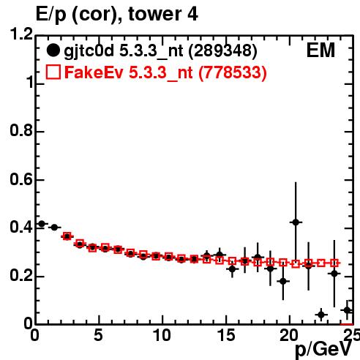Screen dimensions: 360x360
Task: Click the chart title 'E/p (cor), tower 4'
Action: tap(116, 14)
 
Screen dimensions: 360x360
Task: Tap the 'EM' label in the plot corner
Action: tap(320, 50)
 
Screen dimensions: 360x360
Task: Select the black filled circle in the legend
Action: tap(53, 50)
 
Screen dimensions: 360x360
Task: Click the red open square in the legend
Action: tap(53, 72)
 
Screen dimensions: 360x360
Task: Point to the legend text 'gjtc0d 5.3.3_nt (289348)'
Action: tap(160, 51)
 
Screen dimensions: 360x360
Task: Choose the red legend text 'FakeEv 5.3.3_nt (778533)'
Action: tap(165, 72)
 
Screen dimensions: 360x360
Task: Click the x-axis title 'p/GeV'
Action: tap(323, 349)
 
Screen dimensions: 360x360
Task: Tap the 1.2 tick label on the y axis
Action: tap(21, 34)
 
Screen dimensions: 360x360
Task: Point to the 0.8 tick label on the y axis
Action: tap(21, 130)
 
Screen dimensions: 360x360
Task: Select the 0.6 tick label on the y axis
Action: tap(21, 179)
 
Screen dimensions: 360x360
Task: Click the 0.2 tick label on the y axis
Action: tap(21, 276)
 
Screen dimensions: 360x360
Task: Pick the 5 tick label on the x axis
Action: tap(98, 335)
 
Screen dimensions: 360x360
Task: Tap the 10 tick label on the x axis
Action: tap(162, 335)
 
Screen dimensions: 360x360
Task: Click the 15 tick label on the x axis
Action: tap(226, 335)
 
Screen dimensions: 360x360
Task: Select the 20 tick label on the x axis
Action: tap(289, 335)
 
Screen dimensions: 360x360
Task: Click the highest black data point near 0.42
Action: tap(296, 222)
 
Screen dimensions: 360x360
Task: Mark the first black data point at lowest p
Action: tap(42, 224)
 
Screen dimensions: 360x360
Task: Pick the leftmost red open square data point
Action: tap(67, 236)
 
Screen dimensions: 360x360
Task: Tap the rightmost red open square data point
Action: tap(334, 263)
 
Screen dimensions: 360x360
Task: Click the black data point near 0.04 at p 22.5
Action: tap(321, 315)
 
